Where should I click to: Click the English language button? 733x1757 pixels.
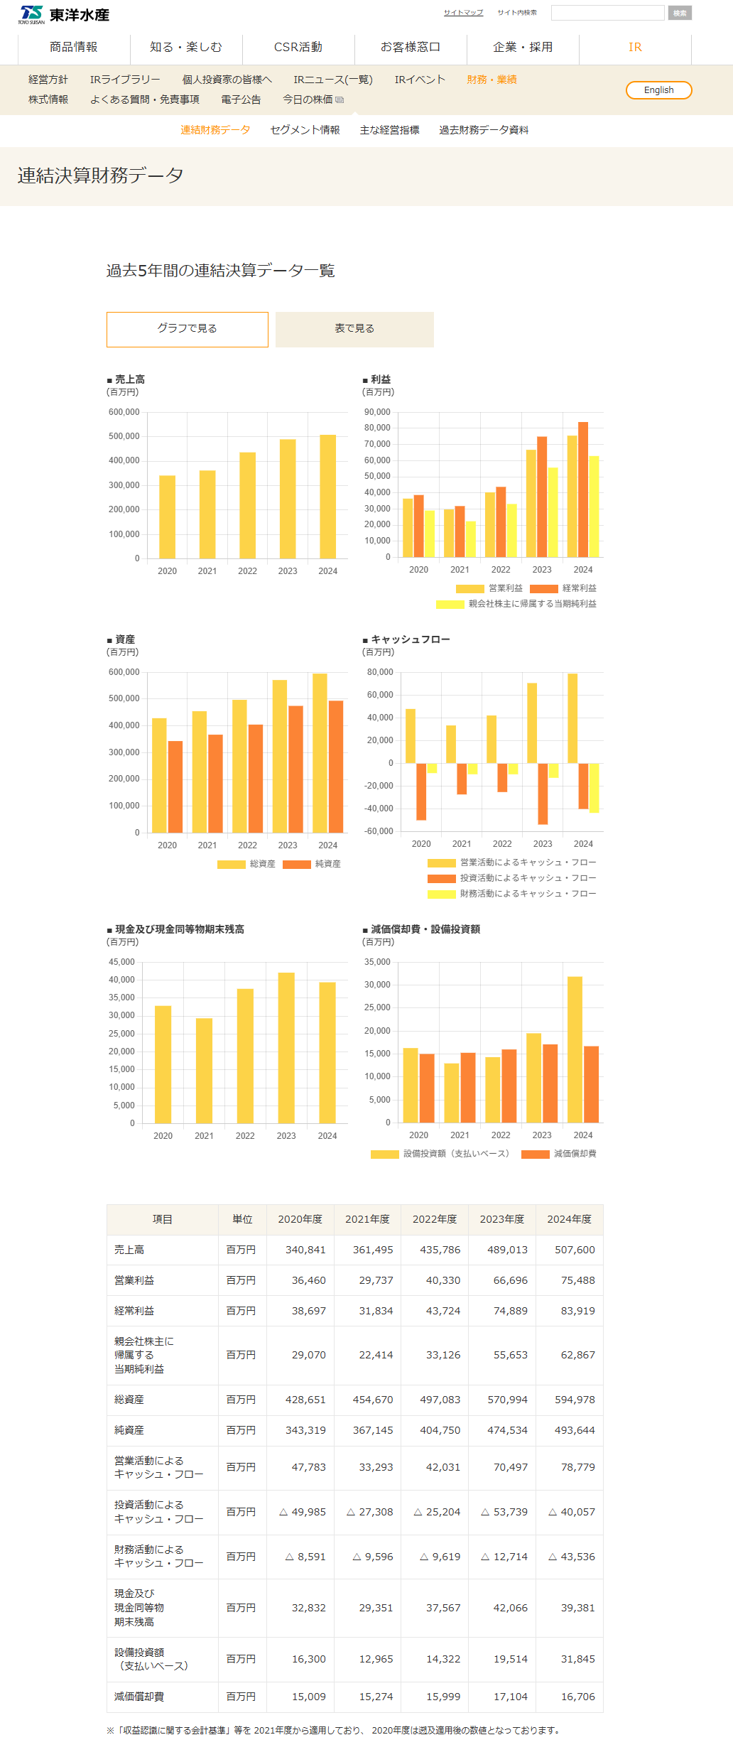point(658,90)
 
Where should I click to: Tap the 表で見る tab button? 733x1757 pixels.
point(354,329)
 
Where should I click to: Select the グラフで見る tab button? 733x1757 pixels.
point(188,329)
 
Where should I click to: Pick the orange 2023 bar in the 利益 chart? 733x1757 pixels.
point(542,497)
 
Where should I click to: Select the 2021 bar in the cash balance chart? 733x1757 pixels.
point(204,1070)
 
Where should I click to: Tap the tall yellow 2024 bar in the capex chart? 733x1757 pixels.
point(575,1049)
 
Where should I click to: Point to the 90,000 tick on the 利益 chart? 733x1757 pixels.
point(377,412)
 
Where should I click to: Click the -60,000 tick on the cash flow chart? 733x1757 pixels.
point(379,831)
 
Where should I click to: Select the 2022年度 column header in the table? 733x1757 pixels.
point(435,1219)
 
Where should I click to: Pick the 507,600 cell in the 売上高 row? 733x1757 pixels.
point(575,1250)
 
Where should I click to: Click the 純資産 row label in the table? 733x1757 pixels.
point(129,1430)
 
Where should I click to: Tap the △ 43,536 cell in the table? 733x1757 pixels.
point(572,1557)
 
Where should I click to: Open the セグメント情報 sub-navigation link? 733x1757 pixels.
point(305,130)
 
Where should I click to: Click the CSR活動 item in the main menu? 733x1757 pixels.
point(298,47)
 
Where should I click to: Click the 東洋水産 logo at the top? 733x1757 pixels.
point(64,14)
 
